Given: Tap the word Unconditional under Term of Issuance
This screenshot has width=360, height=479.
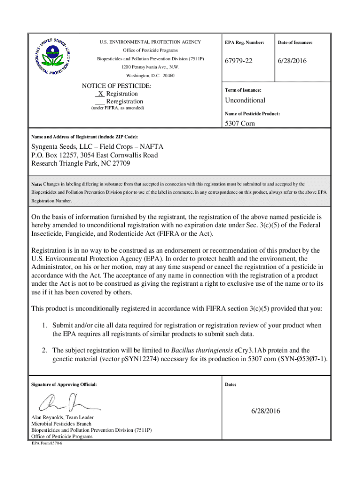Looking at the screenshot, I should [x=245, y=100].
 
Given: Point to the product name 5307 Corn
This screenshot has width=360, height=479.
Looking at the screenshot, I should [x=240, y=124].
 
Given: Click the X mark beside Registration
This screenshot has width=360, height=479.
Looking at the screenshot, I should [x=101, y=94].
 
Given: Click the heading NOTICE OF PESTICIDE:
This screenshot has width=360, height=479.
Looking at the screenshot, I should [x=116, y=86].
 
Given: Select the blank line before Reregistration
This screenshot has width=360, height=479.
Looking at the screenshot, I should [x=99, y=102].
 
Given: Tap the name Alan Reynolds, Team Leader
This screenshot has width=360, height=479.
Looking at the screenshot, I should [x=62, y=417].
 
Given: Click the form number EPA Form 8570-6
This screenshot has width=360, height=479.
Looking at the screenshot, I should [x=47, y=443].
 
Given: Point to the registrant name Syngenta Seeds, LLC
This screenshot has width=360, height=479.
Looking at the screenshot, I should [x=63, y=147].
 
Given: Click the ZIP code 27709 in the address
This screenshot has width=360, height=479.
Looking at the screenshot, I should [x=121, y=164].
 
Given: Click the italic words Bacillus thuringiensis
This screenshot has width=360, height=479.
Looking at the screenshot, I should [x=199, y=350].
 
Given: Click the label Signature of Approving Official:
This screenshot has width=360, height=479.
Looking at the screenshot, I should [x=64, y=385].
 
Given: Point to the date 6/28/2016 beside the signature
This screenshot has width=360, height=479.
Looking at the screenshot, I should [x=265, y=411].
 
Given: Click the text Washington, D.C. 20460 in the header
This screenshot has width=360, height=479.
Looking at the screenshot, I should [x=150, y=75].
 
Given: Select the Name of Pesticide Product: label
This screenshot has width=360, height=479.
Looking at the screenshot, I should [x=252, y=114].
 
